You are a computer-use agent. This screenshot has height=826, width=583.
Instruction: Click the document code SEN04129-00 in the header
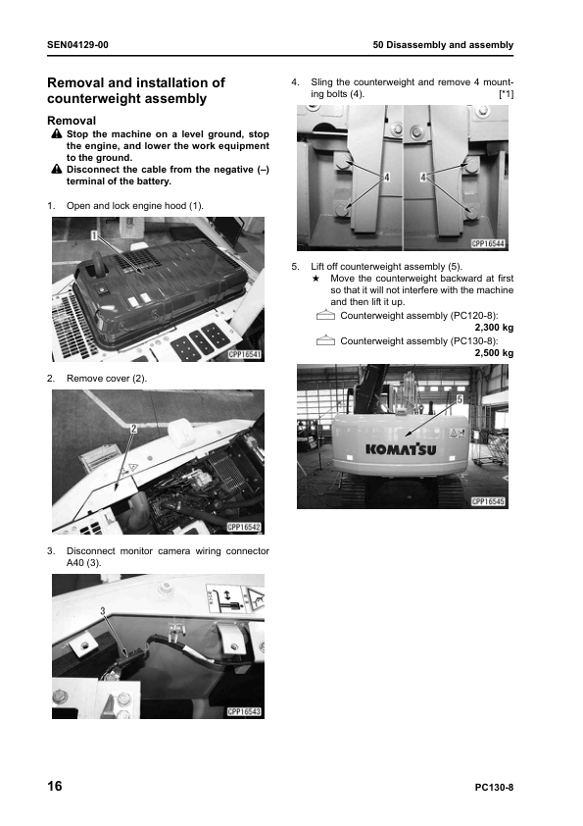click(77, 45)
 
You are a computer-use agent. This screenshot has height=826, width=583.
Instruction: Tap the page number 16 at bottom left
click(55, 786)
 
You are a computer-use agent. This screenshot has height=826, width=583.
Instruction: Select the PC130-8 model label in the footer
click(494, 788)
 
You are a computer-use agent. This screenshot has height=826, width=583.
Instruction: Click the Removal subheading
click(72, 121)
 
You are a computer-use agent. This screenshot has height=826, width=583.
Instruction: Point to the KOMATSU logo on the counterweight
click(401, 449)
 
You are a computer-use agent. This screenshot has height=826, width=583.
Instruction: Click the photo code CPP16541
click(245, 354)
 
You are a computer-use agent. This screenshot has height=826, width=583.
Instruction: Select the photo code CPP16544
click(488, 244)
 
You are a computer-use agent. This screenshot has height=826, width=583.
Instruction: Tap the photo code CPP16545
click(488, 501)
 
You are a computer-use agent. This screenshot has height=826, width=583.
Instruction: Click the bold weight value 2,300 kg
click(494, 328)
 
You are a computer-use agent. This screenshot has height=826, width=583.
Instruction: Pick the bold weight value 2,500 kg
click(494, 353)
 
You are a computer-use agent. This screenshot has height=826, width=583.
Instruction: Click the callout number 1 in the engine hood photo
click(94, 235)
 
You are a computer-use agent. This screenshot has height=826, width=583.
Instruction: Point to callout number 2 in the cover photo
click(133, 429)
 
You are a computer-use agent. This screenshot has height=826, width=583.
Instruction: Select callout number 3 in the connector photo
click(103, 611)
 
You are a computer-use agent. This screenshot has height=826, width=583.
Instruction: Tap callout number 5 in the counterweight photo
click(460, 399)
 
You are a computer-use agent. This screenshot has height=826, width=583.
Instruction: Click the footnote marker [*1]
click(507, 94)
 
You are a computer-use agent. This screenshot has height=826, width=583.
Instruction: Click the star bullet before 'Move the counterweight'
click(316, 279)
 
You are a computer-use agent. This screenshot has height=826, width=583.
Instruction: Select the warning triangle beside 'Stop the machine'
click(57, 134)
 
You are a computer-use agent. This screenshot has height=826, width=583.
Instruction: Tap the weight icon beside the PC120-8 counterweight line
click(325, 315)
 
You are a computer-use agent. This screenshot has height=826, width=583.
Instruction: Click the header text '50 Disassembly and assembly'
click(443, 45)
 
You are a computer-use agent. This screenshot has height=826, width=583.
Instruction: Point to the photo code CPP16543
click(245, 711)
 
